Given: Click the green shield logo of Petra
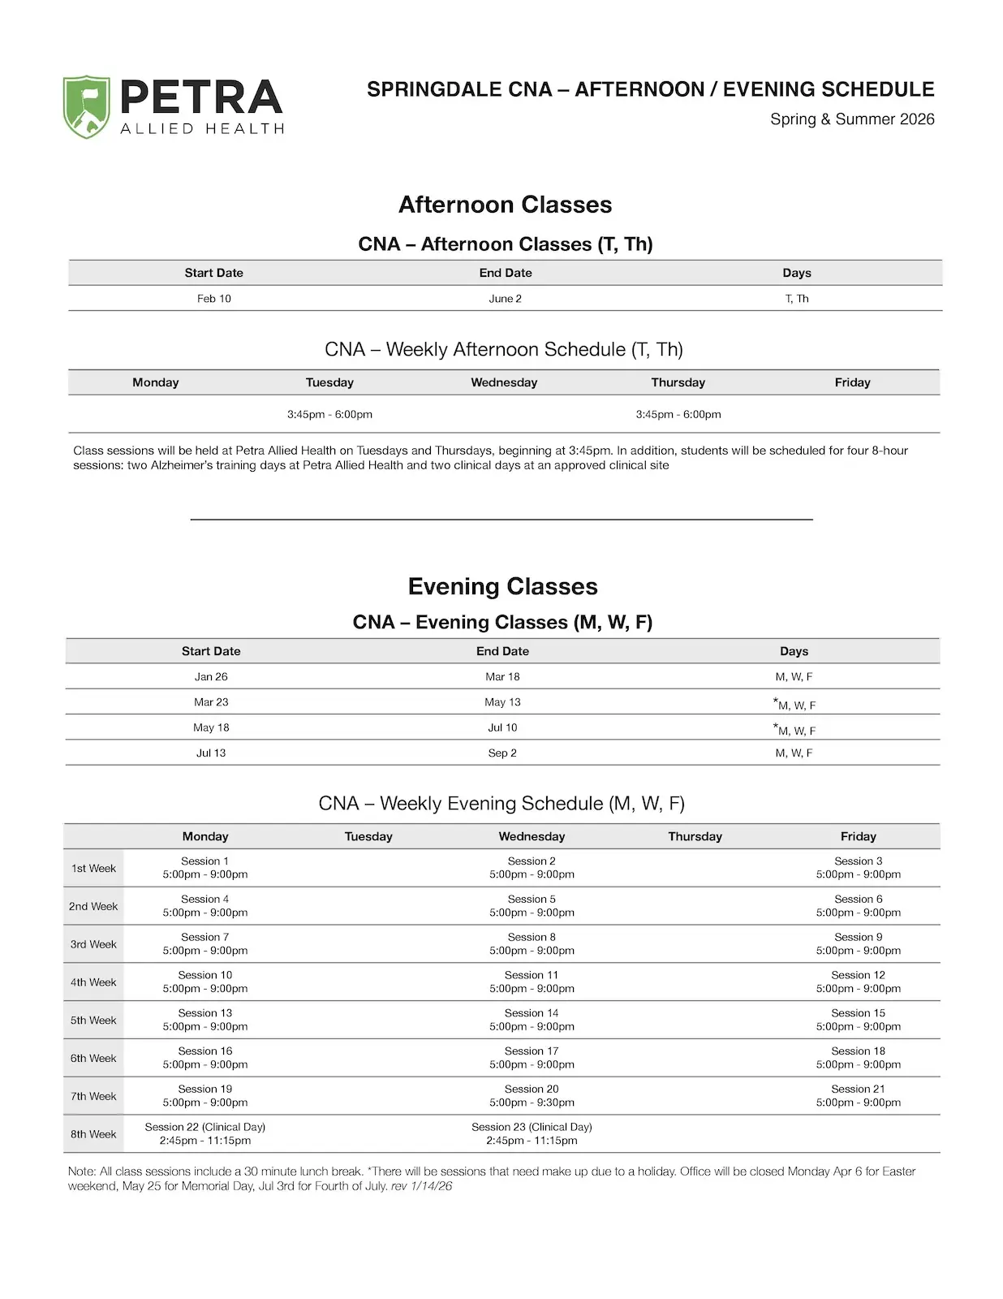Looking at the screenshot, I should [86, 107].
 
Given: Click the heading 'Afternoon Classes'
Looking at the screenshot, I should [505, 205].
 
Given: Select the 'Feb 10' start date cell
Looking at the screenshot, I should [213, 299].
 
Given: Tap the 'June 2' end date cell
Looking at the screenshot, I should [505, 299].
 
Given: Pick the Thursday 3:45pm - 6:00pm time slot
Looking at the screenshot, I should [678, 414].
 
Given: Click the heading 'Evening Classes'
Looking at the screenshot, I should [502, 586].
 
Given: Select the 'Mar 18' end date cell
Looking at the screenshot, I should [502, 676].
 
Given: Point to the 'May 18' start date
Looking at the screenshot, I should [211, 727].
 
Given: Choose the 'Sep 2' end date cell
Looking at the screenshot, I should [502, 753].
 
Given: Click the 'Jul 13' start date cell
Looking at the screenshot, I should [211, 753].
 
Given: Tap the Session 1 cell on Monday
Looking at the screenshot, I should [205, 868].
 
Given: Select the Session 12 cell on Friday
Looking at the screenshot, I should [858, 982].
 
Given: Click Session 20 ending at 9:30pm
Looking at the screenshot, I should [532, 1096].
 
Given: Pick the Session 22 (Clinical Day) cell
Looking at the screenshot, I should [205, 1133].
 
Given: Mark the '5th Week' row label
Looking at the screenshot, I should [93, 1020].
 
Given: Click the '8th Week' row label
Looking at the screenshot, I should [93, 1134].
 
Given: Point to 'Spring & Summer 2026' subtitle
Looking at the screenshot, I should [852, 119].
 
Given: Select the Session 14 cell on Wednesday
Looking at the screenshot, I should [532, 1020].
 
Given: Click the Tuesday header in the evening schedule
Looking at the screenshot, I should [368, 836].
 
